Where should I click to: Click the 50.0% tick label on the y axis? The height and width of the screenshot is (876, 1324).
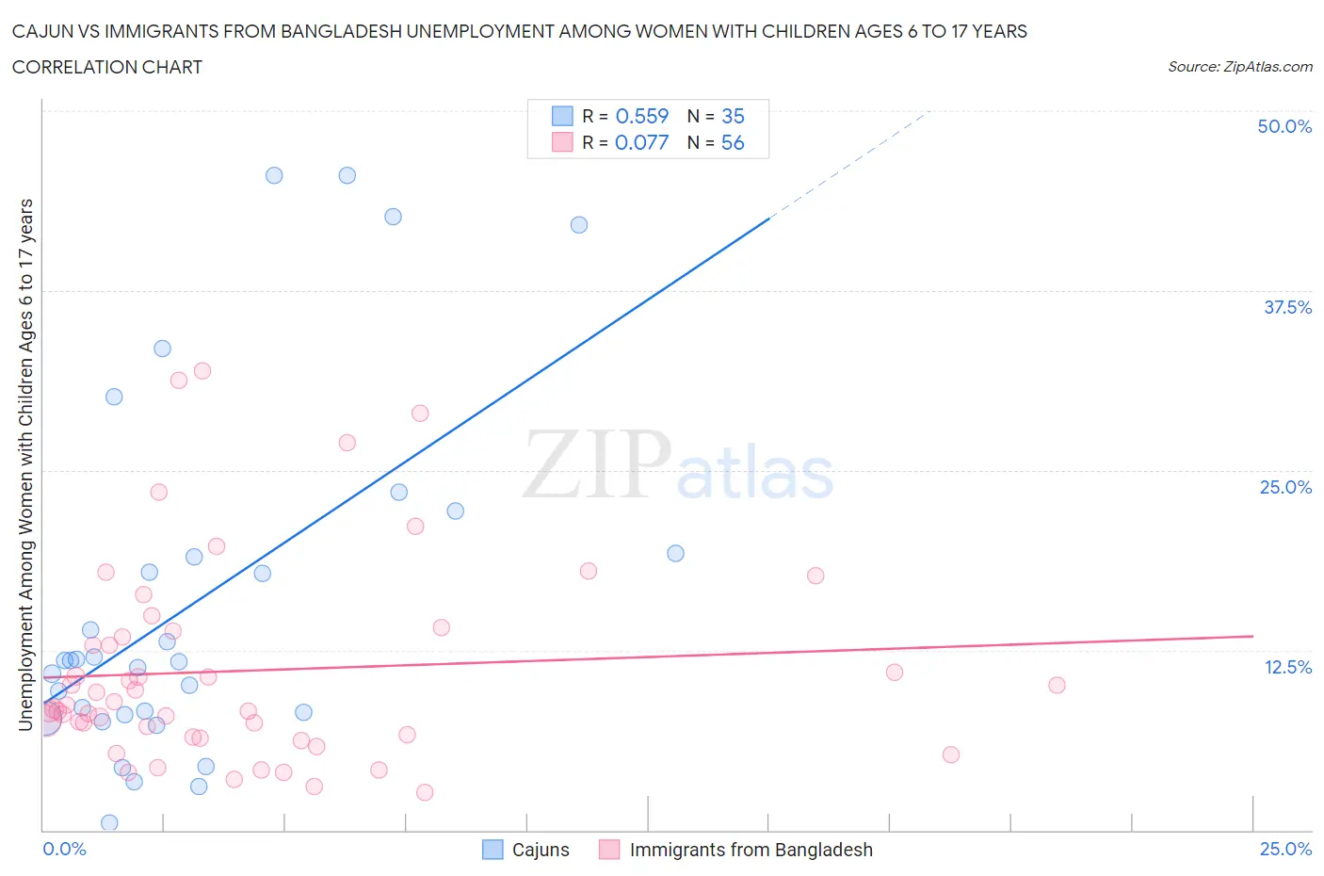[1284, 126]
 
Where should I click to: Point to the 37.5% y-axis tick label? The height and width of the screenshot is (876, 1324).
[1287, 307]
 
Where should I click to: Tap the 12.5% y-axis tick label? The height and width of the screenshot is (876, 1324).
[1287, 667]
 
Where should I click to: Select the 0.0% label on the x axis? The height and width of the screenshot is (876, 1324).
[64, 849]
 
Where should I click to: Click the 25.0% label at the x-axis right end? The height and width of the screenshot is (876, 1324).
[1285, 849]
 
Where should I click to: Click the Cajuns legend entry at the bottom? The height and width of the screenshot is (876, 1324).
[540, 850]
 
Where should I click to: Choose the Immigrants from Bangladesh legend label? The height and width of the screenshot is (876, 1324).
[751, 850]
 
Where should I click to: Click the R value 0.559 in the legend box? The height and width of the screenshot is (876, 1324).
[641, 116]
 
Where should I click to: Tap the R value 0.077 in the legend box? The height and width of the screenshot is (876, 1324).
[641, 142]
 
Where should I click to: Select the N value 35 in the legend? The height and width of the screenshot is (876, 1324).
[733, 116]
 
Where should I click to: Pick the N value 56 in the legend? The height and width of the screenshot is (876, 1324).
[733, 142]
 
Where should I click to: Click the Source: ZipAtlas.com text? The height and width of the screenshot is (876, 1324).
[1239, 67]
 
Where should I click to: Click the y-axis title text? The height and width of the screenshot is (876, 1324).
[25, 464]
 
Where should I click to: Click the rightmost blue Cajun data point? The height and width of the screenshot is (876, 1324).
[675, 553]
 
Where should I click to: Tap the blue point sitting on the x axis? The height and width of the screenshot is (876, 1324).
[109, 822]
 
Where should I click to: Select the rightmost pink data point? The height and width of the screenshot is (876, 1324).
[1057, 685]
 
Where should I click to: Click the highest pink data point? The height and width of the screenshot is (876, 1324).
[202, 370]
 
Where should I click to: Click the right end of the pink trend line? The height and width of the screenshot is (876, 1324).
[1251, 637]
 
